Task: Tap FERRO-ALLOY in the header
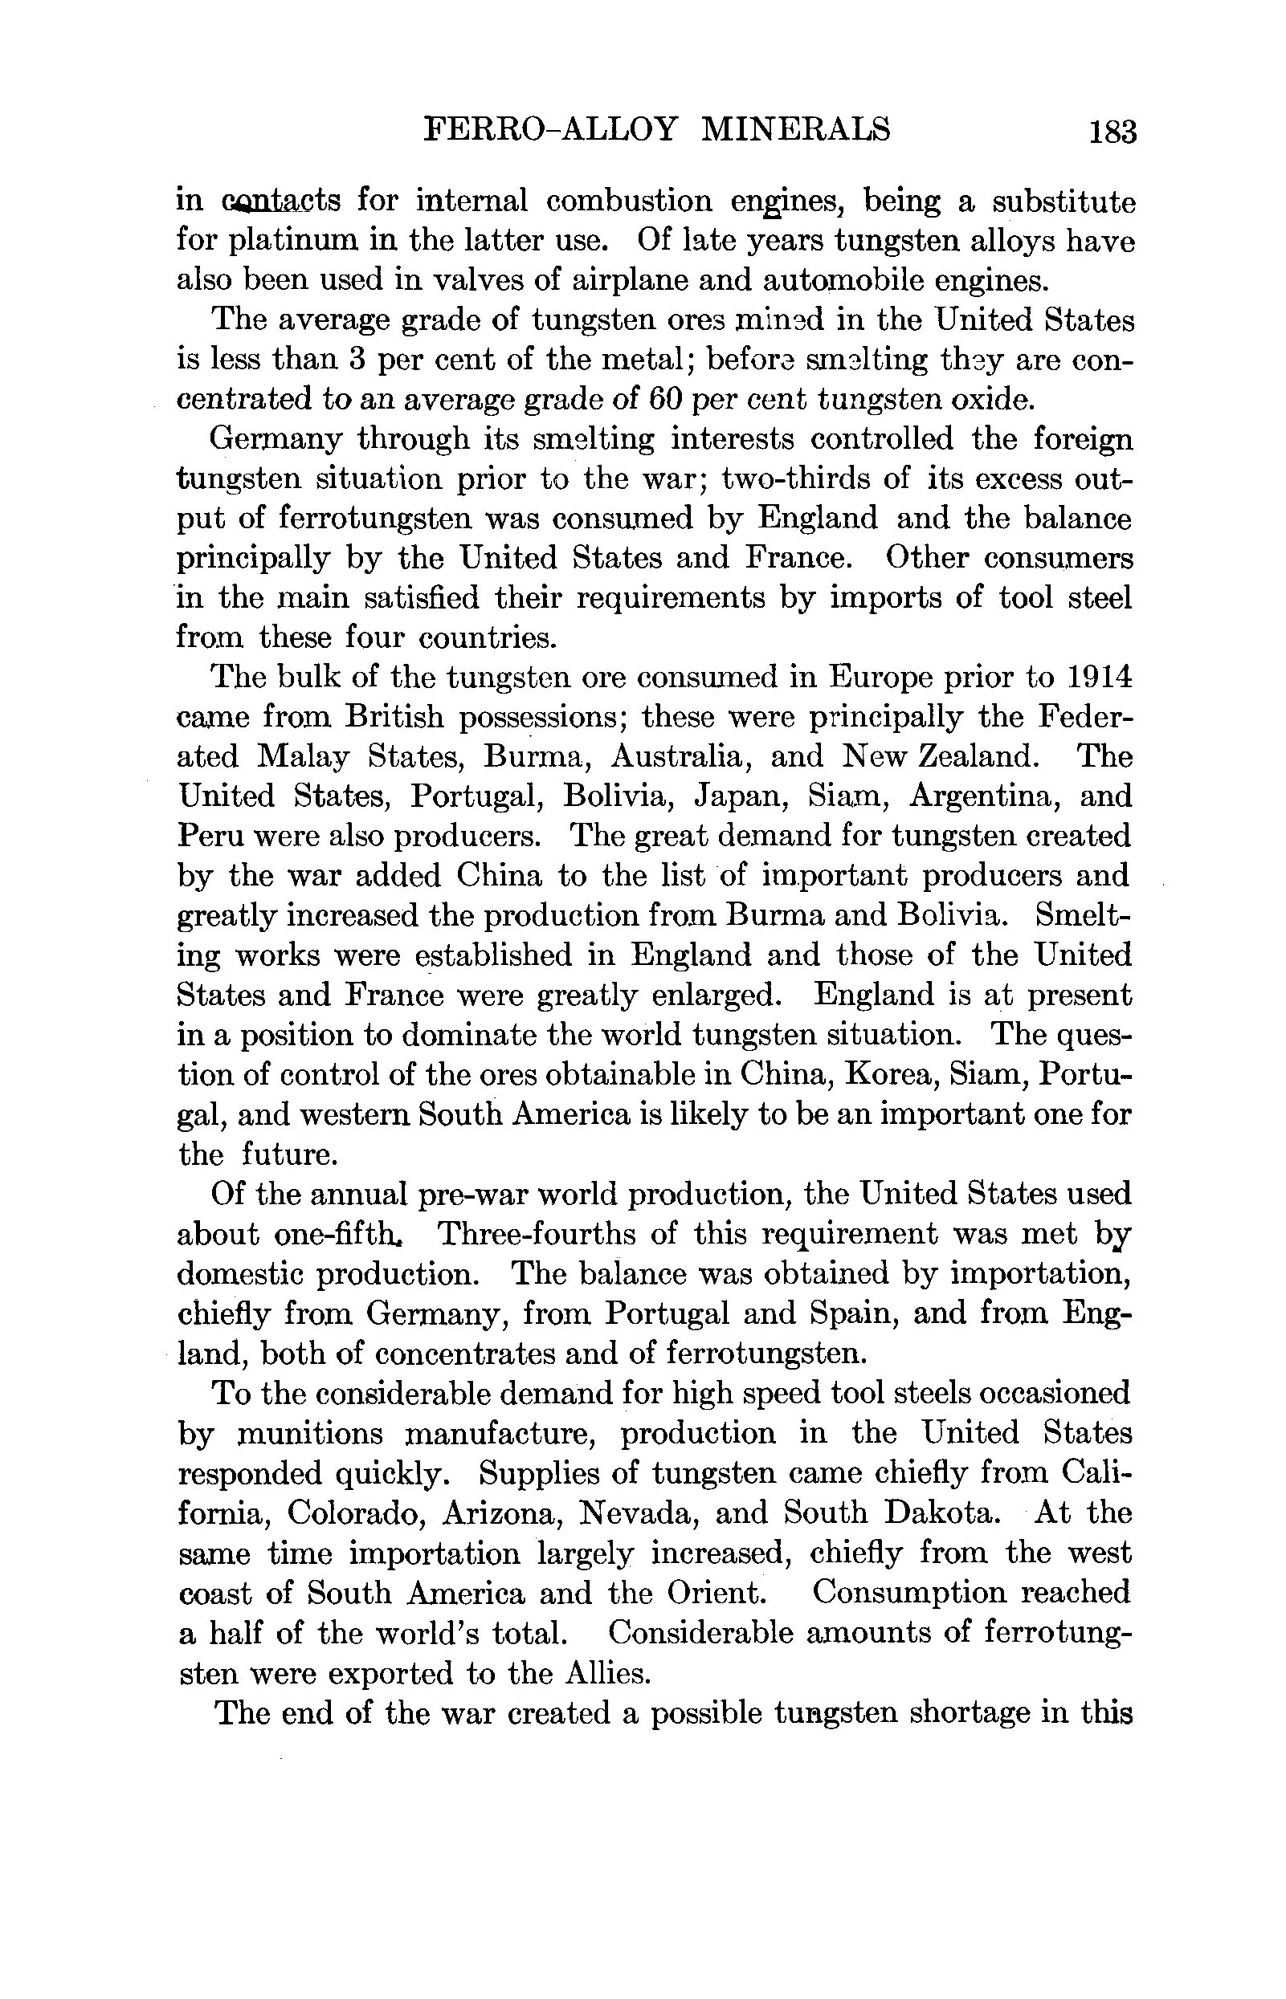[549, 130]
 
